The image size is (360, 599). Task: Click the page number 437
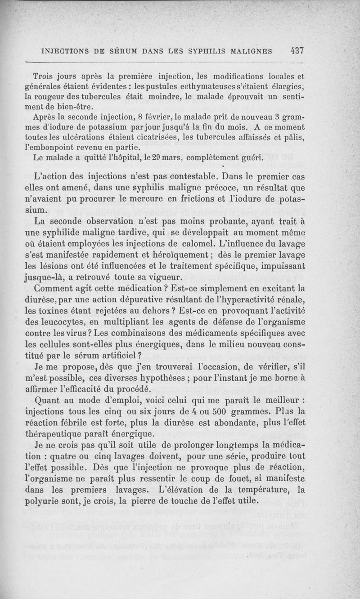coord(297,51)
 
